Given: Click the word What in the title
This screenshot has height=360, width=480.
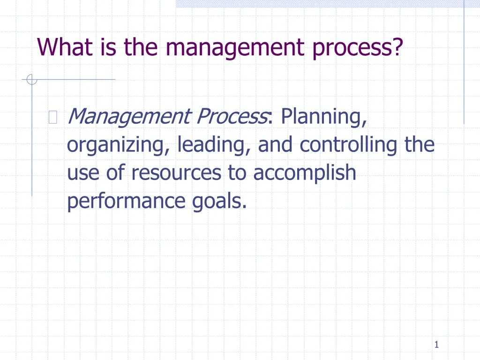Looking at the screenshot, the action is tap(65, 47).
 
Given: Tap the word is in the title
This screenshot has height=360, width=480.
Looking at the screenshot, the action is tap(108, 47).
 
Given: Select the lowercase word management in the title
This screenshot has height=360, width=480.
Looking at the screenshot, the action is tap(235, 49).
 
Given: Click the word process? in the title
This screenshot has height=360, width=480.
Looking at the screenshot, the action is tap(357, 49).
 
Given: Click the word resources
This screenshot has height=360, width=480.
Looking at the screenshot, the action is tap(176, 172).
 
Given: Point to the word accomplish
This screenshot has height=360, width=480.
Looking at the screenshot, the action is tap(305, 173).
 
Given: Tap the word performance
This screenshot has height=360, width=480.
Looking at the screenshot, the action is tap(126, 202).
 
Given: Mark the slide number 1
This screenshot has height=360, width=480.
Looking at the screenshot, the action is tap(436, 345).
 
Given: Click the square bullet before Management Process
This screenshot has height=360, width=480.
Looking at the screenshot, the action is tap(53, 117).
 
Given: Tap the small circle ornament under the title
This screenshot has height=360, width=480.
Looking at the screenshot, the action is tap(32, 80).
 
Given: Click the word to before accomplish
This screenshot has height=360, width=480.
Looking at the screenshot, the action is tap(237, 172).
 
